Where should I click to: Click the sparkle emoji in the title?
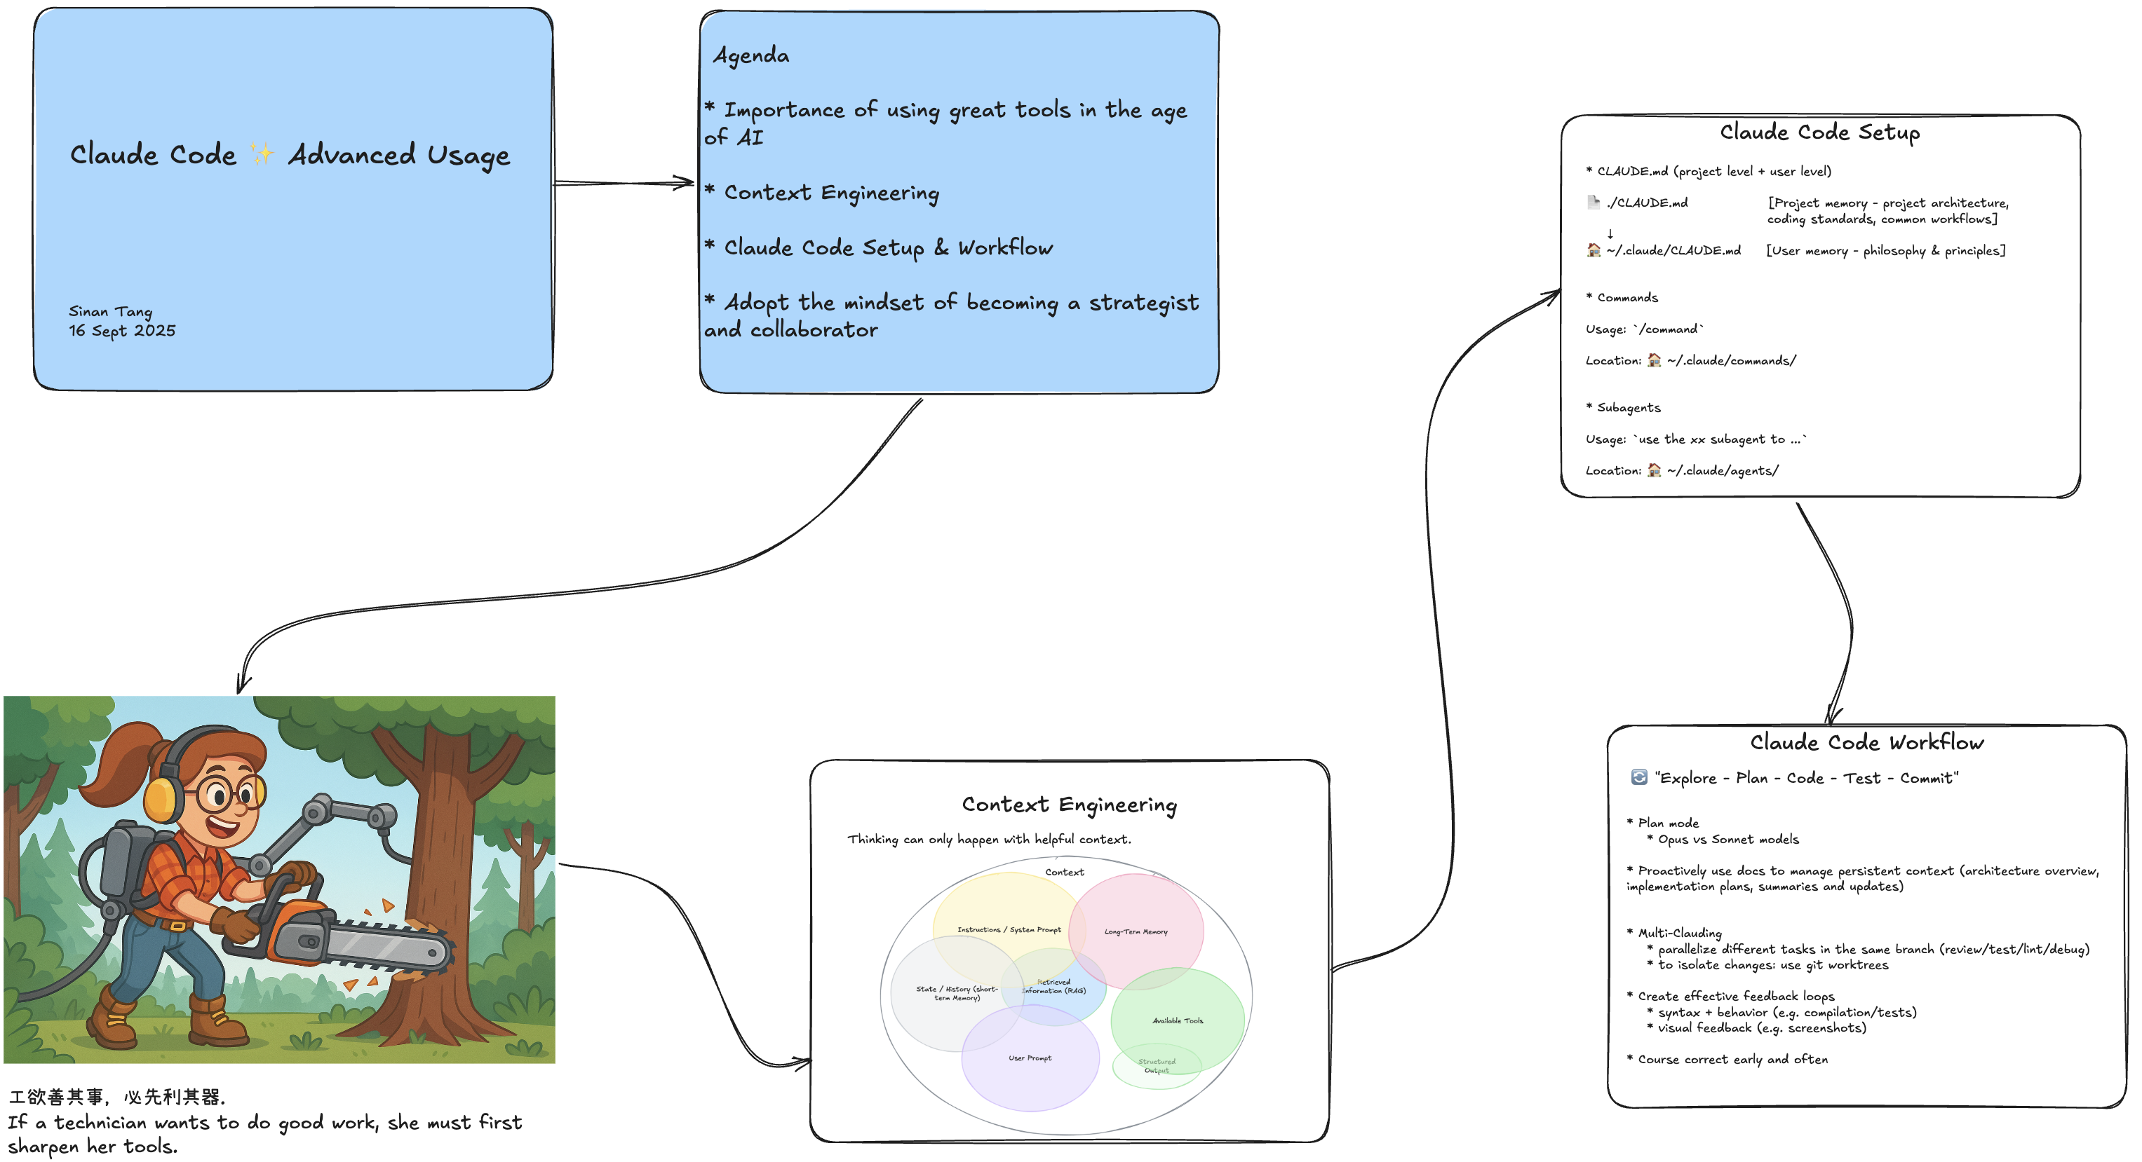coord(262,155)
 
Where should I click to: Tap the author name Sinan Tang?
coord(111,312)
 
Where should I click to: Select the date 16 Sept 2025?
coord(122,331)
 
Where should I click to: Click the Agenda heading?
coord(752,55)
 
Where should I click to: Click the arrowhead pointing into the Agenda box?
coord(685,183)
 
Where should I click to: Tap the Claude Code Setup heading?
coord(1819,132)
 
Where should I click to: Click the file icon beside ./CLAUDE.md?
coord(1594,202)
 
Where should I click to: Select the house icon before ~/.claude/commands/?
coord(1654,360)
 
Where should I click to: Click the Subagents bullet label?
coord(1628,407)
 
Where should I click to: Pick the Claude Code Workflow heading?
coord(1867,742)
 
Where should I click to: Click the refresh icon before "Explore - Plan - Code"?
coord(1639,777)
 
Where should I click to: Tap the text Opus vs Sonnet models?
coord(1728,840)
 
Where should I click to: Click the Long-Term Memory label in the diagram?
coord(1136,931)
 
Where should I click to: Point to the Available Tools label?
coord(1178,1020)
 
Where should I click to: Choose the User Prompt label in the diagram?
coord(1030,1058)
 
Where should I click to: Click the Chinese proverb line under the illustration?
coord(116,1097)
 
